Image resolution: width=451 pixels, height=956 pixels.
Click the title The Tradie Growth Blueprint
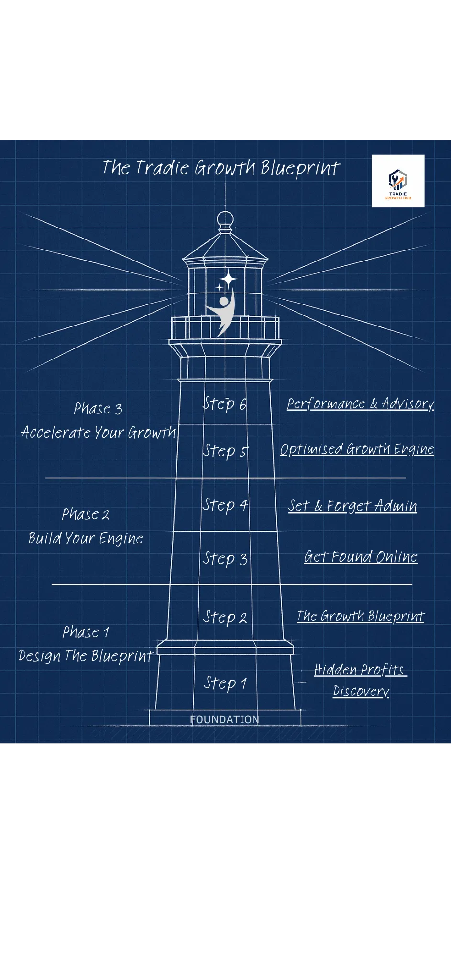[221, 168]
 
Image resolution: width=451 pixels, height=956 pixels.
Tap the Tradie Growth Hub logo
[398, 181]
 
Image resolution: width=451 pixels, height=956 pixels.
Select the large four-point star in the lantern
[229, 279]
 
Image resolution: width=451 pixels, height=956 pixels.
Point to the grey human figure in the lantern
[223, 311]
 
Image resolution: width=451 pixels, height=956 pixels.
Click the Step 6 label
[224, 404]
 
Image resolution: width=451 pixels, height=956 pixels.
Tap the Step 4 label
[225, 505]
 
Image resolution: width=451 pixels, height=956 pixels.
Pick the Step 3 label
[225, 559]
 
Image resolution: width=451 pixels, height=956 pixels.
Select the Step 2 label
[225, 618]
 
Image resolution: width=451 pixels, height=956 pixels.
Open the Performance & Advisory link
[360, 404]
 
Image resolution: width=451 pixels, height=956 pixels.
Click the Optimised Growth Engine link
[357, 449]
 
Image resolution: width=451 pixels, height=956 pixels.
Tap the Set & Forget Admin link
[352, 506]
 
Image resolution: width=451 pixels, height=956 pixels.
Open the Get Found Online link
[361, 557]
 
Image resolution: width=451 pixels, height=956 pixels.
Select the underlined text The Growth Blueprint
[360, 617]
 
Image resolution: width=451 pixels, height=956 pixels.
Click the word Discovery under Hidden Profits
[361, 692]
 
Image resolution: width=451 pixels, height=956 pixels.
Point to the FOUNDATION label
[224, 719]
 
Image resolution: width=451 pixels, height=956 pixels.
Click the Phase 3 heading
[98, 409]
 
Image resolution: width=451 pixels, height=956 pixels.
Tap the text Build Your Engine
[86, 539]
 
